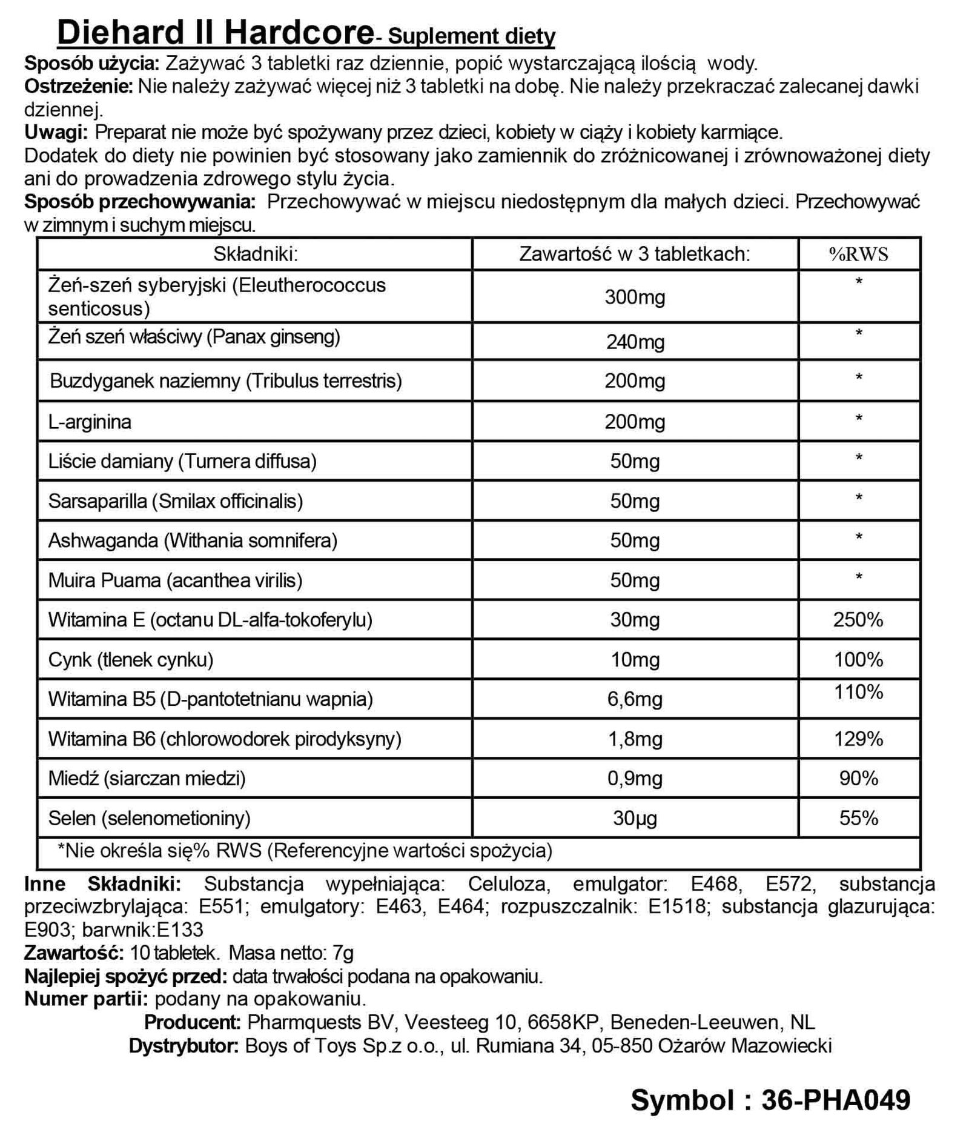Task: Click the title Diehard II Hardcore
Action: pos(215,33)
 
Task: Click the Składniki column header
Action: pos(255,254)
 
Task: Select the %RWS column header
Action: pos(859,254)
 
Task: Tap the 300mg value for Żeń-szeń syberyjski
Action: pos(635,297)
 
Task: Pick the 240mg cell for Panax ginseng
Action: pos(635,342)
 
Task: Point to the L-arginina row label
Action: pos(90,422)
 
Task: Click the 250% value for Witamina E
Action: pos(858,619)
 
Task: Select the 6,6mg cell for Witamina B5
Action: pos(635,699)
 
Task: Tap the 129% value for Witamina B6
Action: pos(858,739)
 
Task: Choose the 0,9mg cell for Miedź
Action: pos(635,779)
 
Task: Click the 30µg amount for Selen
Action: pos(635,819)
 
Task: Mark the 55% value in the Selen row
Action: pos(858,819)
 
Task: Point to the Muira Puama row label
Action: pos(175,580)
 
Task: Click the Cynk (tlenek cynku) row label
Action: pos(131,659)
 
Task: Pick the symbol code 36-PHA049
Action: pos(835,1100)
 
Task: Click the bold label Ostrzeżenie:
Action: pos(78,87)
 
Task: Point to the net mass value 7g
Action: pos(343,953)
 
